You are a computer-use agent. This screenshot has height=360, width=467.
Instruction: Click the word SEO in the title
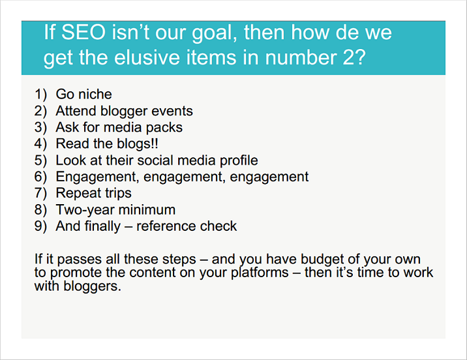click(83, 32)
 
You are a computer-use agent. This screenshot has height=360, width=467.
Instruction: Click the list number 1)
click(40, 94)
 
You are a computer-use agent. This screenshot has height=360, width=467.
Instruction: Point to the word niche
click(95, 94)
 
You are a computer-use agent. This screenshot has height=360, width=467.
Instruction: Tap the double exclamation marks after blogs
click(155, 143)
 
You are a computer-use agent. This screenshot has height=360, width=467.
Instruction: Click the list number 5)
click(40, 160)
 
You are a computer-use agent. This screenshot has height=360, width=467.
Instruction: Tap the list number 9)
click(40, 226)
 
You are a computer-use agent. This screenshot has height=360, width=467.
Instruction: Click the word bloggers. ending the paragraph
click(93, 286)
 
